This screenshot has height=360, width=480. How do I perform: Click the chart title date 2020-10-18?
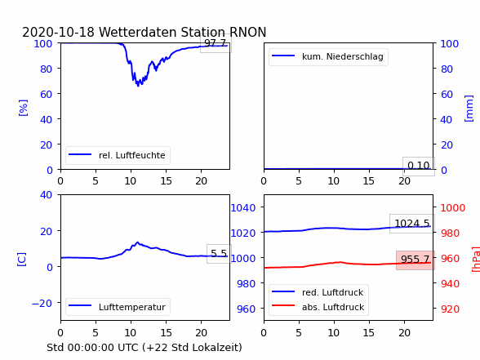58,32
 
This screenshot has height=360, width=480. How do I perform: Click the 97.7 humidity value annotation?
216,43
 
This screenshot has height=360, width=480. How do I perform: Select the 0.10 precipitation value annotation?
419,166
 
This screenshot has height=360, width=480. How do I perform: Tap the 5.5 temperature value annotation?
219,253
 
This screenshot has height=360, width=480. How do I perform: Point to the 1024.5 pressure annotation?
412,224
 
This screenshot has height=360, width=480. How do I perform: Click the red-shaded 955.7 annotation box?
416,260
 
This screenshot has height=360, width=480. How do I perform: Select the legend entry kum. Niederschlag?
328,56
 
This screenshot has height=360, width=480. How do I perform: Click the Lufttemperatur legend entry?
118,307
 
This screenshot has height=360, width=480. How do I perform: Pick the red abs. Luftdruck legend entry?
318,307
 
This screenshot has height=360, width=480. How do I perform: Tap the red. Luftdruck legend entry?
318,292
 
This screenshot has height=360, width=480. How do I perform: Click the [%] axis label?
23,108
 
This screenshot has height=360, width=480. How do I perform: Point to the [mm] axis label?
469,109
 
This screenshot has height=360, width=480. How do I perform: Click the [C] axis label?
22,260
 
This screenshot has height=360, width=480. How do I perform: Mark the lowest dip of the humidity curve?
138,86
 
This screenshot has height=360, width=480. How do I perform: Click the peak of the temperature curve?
137,242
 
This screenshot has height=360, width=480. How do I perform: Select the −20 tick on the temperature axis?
42,303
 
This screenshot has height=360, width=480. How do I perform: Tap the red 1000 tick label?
453,208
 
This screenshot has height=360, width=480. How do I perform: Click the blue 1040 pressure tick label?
243,208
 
